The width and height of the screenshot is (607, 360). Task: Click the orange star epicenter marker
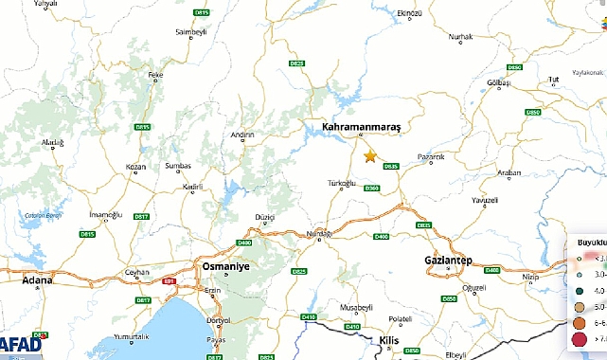pos(370,156)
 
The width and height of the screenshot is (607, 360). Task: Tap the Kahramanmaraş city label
pos(363,126)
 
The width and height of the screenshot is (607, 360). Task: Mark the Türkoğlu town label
pos(341,182)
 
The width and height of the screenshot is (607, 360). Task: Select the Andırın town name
pos(242,135)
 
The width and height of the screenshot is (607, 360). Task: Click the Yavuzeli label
pos(484,201)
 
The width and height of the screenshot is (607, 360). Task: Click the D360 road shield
pos(371,189)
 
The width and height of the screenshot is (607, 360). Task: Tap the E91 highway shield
pos(170,280)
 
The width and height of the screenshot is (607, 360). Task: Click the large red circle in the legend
pos(579,338)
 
